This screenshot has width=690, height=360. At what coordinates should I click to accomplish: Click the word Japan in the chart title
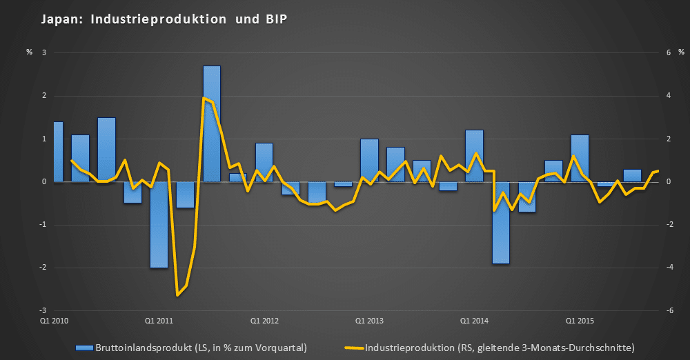point(59,20)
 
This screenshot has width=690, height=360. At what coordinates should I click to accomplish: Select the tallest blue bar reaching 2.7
point(211,124)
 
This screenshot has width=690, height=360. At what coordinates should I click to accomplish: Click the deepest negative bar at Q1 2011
point(159,225)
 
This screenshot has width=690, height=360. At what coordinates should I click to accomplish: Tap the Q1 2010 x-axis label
point(54,321)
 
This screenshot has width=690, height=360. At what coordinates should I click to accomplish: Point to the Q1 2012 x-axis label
point(264,321)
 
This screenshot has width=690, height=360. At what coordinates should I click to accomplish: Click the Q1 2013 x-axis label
point(369,321)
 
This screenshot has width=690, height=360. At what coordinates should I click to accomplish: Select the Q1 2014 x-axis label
point(474,321)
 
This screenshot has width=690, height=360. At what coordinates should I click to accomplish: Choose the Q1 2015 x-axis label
point(580,321)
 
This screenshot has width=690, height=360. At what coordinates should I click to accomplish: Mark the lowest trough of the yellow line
point(178,295)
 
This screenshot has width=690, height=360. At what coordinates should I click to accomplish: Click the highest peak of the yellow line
point(204,98)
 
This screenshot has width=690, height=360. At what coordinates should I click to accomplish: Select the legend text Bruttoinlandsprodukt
point(141,346)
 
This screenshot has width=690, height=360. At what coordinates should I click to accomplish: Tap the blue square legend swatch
point(83,346)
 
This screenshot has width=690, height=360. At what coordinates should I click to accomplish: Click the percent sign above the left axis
point(29,52)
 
